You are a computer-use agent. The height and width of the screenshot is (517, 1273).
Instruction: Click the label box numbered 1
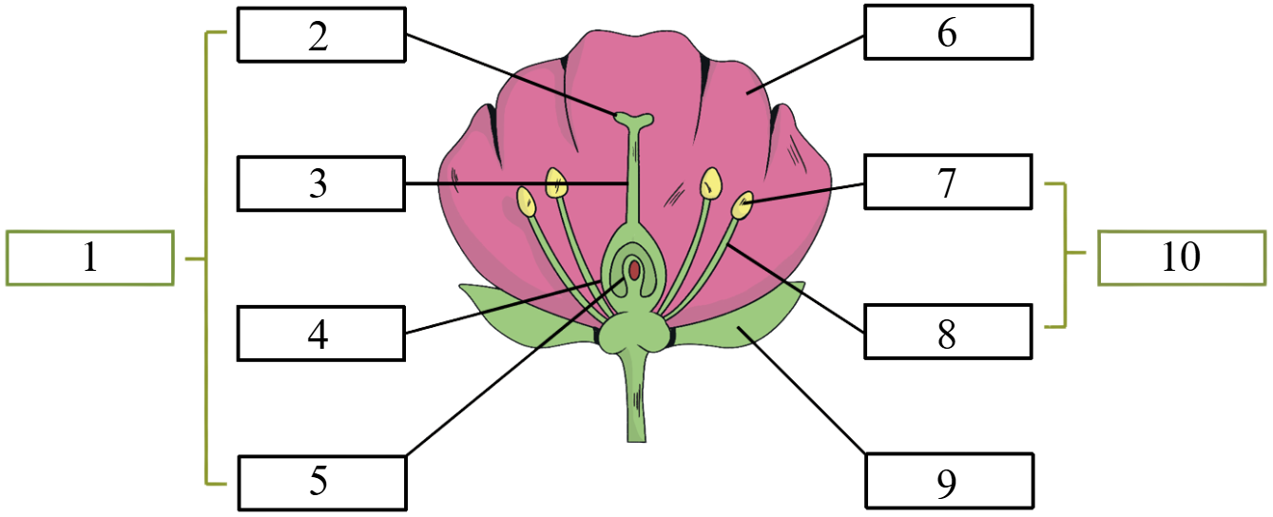pyautogui.click(x=89, y=258)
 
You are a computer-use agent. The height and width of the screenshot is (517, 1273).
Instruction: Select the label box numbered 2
pyautogui.click(x=321, y=34)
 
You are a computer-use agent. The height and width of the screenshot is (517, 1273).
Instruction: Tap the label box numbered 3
pyautogui.click(x=321, y=183)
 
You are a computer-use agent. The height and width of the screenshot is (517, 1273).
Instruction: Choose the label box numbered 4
pyautogui.click(x=321, y=334)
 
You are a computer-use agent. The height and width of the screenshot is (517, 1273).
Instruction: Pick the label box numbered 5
pyautogui.click(x=322, y=483)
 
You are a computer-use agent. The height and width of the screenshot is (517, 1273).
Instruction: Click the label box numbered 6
pyautogui.click(x=949, y=31)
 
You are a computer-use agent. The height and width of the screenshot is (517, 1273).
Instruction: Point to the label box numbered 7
pyautogui.click(x=948, y=182)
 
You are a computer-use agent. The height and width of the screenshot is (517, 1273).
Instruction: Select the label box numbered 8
pyautogui.click(x=948, y=332)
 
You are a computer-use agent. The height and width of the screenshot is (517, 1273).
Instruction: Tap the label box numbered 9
pyautogui.click(x=949, y=481)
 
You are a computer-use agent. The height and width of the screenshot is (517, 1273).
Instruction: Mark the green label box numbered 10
pyautogui.click(x=1182, y=258)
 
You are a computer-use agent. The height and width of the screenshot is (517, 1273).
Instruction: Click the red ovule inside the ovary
pyautogui.click(x=634, y=270)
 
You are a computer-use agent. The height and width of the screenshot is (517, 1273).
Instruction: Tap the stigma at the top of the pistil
pyautogui.click(x=634, y=120)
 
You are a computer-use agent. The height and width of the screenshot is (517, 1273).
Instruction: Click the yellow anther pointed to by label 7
pyautogui.click(x=742, y=205)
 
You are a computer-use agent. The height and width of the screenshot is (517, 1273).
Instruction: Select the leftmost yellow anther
pyautogui.click(x=527, y=201)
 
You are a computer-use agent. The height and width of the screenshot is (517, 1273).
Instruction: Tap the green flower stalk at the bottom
pyautogui.click(x=637, y=397)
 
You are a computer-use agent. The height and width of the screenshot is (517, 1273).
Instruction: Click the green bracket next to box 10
pyautogui.click(x=1065, y=255)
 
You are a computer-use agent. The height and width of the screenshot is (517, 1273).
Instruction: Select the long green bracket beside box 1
pyautogui.click(x=205, y=258)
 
